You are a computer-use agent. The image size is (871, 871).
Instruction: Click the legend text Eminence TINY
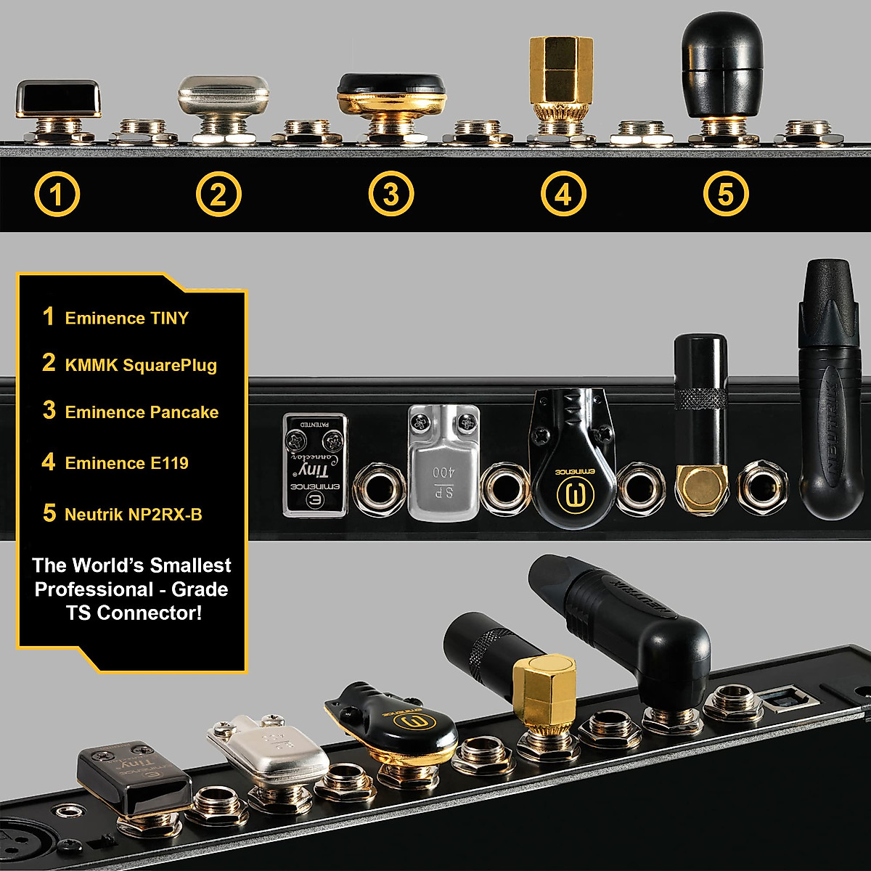(126, 318)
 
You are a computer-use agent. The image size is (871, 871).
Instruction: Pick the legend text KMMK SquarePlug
(141, 365)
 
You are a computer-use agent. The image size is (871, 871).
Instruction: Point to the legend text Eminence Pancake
(142, 412)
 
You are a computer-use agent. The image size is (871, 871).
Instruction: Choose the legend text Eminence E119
(126, 463)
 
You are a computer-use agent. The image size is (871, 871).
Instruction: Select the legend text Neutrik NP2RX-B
(134, 515)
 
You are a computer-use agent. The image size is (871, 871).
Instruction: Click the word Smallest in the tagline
(184, 565)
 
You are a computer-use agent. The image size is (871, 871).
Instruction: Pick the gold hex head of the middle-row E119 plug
(702, 486)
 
